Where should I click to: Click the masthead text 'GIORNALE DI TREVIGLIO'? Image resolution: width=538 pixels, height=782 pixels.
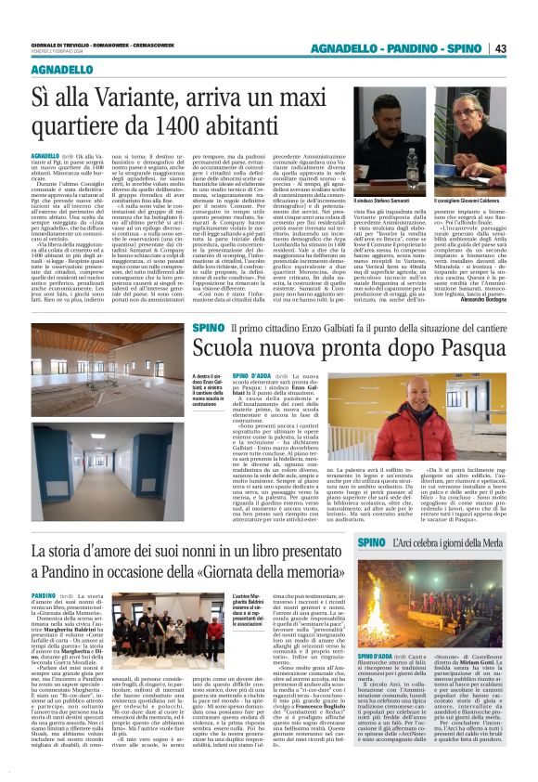point(64,44)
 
